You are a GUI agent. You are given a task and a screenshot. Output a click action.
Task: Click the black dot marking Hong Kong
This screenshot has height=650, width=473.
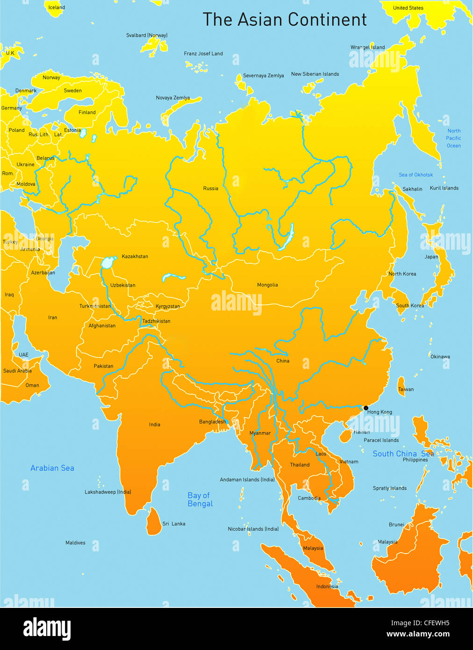point(366,408)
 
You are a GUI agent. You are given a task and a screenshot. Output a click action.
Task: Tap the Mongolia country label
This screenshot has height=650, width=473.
point(267,285)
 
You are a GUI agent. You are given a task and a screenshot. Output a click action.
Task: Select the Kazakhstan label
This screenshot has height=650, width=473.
point(135,256)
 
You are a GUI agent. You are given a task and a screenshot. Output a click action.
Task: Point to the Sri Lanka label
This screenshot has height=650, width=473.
point(173,524)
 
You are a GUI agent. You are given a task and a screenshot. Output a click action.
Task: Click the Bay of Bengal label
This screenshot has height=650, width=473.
point(200,499)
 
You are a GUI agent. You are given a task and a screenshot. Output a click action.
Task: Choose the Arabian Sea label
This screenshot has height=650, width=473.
point(52,468)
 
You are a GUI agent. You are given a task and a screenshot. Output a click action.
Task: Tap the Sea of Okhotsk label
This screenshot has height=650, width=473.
point(416,175)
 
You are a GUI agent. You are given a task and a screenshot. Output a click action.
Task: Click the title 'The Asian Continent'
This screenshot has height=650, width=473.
point(284,20)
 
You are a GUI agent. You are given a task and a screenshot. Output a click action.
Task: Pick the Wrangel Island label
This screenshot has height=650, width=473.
point(367,47)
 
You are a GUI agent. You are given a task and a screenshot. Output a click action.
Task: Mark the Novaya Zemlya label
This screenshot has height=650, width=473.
point(172,98)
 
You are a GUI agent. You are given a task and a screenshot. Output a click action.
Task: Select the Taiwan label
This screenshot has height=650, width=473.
point(406,389)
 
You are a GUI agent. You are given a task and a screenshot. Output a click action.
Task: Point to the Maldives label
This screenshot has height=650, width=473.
point(75,543)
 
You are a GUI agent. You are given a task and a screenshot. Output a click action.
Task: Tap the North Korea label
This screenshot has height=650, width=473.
point(402,274)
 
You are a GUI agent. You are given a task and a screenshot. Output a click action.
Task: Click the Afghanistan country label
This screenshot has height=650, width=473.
point(102,325)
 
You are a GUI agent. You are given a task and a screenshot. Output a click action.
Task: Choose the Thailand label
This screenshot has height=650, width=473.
point(300,465)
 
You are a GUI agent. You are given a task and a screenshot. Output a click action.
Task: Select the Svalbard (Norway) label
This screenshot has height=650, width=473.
point(147,35)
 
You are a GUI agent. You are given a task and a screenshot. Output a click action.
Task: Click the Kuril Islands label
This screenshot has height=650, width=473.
point(444,188)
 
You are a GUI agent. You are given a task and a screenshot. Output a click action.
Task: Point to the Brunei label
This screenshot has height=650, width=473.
point(396,525)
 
